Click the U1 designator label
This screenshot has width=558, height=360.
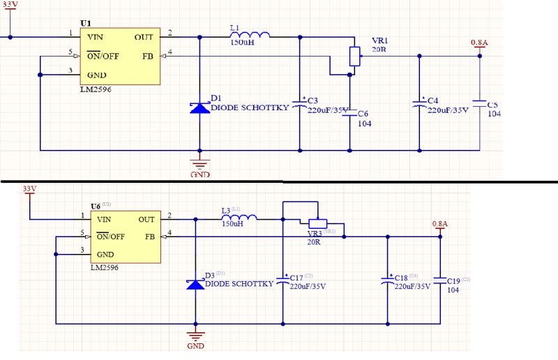(86, 23)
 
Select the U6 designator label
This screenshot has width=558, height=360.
(96, 207)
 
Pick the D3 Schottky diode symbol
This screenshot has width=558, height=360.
(195, 284)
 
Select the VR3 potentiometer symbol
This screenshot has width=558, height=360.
(317, 223)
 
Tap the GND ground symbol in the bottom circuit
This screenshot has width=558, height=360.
(195, 338)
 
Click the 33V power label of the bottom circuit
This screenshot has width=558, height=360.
(29, 189)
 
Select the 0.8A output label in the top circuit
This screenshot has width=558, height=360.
(479, 43)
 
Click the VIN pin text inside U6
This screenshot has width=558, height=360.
(104, 219)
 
